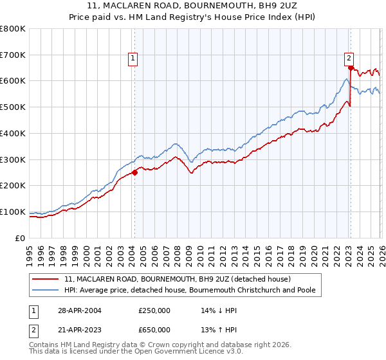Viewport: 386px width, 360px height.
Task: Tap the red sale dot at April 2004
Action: click(134, 172)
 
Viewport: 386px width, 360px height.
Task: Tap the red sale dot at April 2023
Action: click(350, 67)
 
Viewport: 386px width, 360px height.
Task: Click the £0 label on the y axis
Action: click(21, 238)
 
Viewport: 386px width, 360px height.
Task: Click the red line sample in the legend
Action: click(46, 279)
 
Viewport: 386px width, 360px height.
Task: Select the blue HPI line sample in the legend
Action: click(46, 290)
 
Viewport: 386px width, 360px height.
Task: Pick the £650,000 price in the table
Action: click(154, 329)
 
